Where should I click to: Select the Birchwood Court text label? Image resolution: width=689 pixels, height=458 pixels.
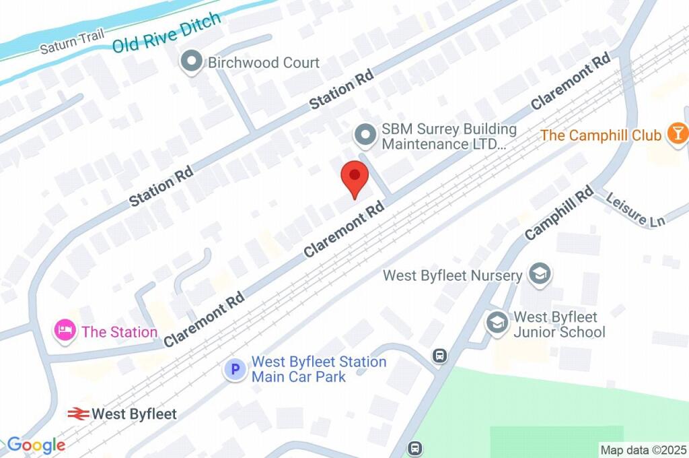[x=264, y=63]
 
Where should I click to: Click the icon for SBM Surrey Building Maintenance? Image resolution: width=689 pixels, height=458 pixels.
[x=365, y=136]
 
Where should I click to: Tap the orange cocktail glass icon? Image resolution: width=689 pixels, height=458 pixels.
[x=677, y=133]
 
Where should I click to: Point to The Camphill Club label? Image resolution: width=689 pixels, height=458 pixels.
[x=601, y=135]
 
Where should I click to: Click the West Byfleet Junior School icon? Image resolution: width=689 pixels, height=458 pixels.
[x=497, y=322]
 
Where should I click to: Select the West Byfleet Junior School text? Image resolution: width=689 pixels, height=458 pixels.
[x=558, y=324]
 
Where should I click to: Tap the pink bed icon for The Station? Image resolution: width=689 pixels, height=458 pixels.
[x=64, y=331]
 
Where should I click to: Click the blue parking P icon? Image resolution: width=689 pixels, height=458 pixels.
[x=235, y=369]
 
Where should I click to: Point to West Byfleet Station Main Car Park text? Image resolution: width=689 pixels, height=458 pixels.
[x=318, y=369]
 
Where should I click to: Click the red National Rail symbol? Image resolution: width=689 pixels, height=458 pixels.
[x=79, y=414]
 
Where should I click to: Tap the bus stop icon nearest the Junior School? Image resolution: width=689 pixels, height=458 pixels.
[x=439, y=355]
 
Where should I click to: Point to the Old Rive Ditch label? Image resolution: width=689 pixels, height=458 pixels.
[x=166, y=33]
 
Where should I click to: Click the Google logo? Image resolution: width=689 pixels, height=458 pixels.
[x=36, y=445]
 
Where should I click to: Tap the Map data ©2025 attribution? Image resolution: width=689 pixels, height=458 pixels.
[x=643, y=449]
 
